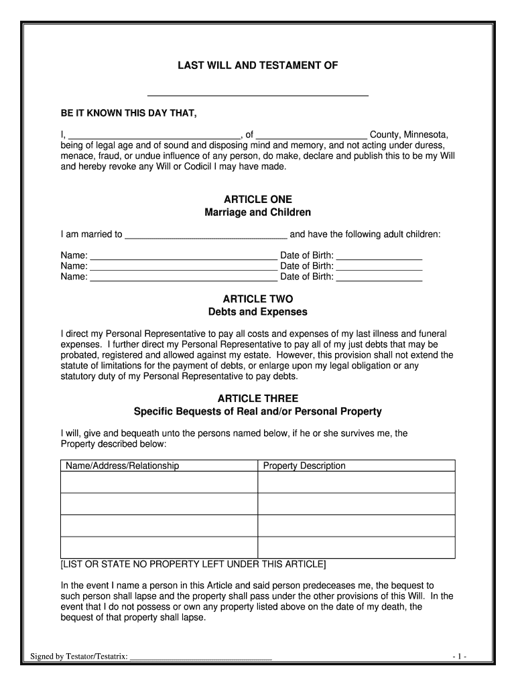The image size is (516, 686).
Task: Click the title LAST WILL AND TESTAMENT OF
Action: [257, 66]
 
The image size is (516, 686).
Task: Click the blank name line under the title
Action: [257, 94]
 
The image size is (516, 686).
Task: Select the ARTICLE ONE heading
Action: [257, 200]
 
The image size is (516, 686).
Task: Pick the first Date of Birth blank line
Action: [379, 257]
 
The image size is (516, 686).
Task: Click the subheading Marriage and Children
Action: [257, 212]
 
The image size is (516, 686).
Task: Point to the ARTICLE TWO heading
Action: [257, 299]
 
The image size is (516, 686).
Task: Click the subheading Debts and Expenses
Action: [257, 312]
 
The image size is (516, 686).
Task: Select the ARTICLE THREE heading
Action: [257, 399]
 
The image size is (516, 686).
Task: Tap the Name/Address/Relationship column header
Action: [121, 466]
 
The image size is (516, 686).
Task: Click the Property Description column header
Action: [304, 466]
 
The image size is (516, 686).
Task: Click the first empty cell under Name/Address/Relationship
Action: [159, 482]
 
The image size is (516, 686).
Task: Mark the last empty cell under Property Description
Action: [357, 547]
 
